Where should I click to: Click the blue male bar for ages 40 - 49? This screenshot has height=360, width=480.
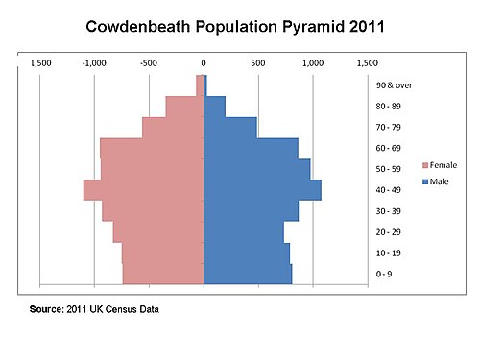coord(262,190)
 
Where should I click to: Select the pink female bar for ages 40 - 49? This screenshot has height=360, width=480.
coord(144,190)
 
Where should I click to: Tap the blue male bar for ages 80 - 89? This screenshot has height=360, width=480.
coord(214,107)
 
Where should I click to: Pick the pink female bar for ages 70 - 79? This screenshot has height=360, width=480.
coord(173,128)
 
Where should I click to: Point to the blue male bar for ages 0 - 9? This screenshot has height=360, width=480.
coord(248,275)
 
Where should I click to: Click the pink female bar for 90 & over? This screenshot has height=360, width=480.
coord(200,85)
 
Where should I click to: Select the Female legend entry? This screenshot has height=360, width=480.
coord(440,165)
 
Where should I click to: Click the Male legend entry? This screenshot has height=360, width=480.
coord(436,181)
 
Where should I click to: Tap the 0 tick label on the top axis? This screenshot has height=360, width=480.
coord(204,63)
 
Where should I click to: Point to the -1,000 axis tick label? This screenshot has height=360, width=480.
coord(94,63)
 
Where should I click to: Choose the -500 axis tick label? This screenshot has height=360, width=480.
coord(149,63)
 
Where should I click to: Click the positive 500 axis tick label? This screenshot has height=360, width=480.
coord(258,63)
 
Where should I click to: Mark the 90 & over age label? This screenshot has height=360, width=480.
coord(394,85)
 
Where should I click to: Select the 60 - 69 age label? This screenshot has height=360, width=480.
coord(388,148)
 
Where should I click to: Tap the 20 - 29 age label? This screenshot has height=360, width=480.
coord(388,232)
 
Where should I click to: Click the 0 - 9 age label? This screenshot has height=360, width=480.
coord(384,274)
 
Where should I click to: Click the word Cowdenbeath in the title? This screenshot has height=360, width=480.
coord(138,26)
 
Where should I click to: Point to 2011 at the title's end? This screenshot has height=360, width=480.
coord(367,26)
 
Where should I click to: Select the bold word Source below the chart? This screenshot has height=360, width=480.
coord(47,309)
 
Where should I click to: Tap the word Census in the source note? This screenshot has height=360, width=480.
coord(119,309)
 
